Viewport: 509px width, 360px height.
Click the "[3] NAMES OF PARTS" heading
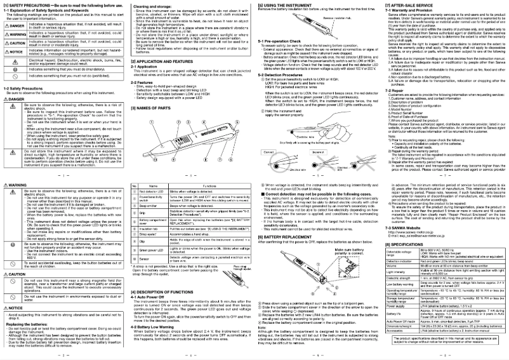coord(153,109)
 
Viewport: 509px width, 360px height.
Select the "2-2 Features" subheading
coord(143,81)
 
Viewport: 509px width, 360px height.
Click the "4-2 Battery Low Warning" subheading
coord(152,327)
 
